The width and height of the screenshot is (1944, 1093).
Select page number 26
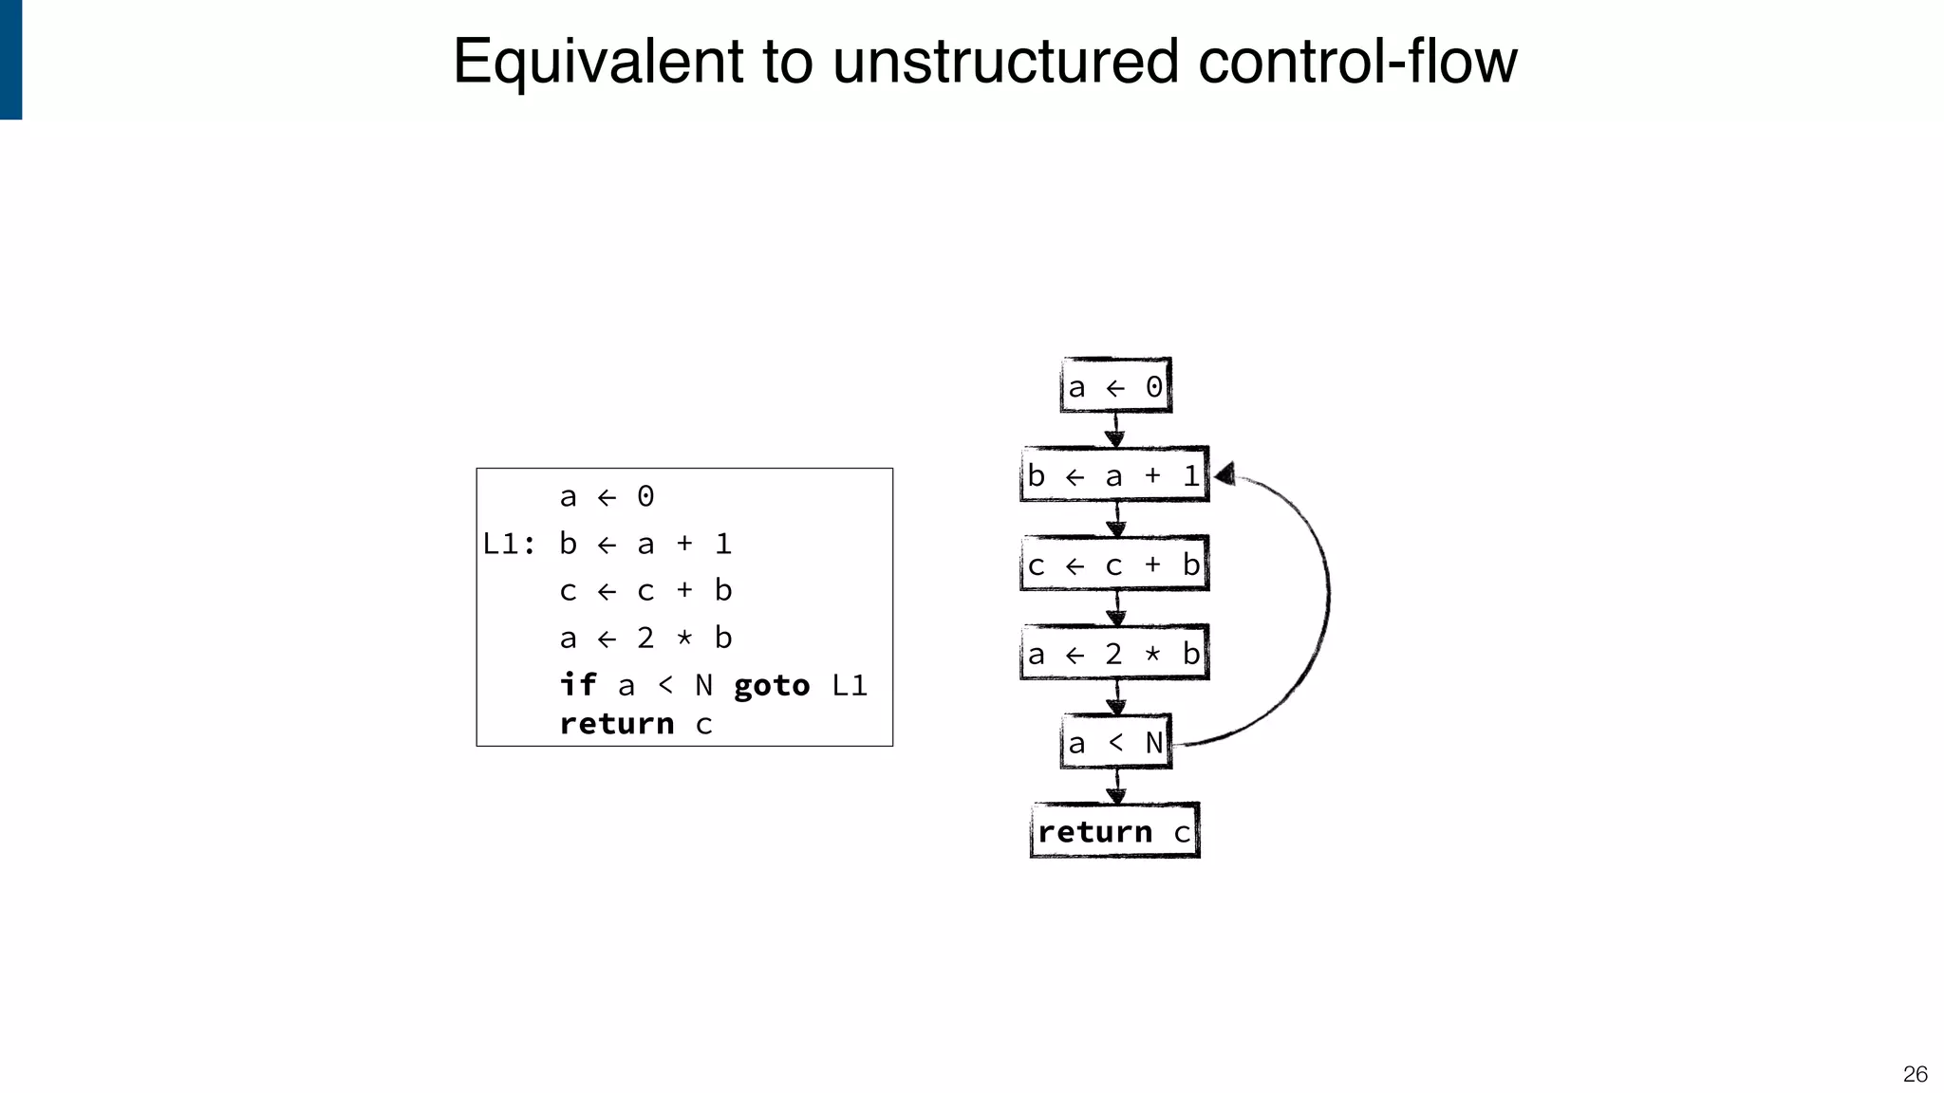click(1915, 1074)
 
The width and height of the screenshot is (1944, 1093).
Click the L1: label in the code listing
click(509, 544)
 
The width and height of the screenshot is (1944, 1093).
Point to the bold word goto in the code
click(772, 685)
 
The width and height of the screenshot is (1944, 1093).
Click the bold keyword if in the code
click(578, 684)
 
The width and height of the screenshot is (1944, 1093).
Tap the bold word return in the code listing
click(617, 724)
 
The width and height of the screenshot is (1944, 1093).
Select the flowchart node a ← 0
click(1115, 386)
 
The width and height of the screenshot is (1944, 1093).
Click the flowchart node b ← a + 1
click(1114, 474)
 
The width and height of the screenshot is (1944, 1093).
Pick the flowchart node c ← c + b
click(1114, 565)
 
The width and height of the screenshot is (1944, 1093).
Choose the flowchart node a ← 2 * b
click(1114, 653)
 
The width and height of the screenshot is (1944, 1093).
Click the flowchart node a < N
click(1115, 742)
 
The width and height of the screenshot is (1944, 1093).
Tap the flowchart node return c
click(1114, 831)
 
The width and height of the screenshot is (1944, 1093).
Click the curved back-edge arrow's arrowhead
click(1225, 473)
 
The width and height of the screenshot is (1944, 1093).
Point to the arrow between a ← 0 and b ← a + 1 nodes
click(1115, 430)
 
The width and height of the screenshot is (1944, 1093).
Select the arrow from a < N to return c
click(1116, 786)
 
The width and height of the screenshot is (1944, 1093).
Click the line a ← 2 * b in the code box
click(645, 638)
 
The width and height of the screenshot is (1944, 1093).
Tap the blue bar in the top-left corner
click(10, 59)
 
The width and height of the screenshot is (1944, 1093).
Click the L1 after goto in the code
click(850, 685)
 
